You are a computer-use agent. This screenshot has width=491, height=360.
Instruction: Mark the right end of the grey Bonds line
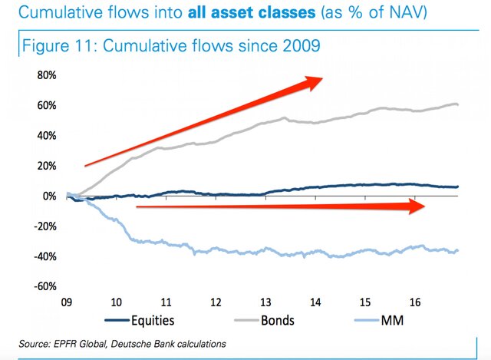pos(459,104)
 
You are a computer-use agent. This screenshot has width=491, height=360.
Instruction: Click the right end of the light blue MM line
pos(459,250)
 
